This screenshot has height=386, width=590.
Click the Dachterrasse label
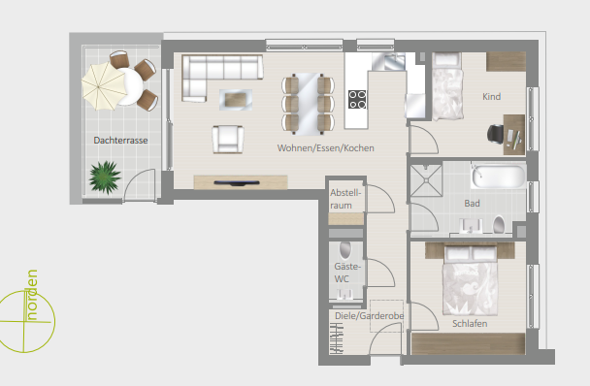120,141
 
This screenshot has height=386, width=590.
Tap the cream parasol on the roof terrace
104,86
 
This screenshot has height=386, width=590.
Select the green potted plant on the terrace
105,177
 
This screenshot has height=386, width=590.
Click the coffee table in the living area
236,100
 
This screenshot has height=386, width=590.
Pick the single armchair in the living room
228,140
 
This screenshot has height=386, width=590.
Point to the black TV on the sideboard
237,183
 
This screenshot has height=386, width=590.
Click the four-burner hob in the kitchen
357,99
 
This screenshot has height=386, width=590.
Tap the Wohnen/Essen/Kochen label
325,147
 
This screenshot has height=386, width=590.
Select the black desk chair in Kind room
496,134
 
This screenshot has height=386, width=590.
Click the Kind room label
491,97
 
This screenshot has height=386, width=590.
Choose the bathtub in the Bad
499,176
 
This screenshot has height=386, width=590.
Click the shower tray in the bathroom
426,180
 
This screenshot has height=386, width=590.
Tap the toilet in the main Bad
499,225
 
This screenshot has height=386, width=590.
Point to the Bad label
472,204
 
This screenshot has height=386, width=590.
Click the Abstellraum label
345,199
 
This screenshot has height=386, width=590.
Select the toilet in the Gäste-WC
345,250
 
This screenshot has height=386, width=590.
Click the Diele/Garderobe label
369,315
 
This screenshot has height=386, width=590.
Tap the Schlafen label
470,324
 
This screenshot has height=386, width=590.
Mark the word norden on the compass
32,295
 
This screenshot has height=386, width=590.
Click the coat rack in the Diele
337,338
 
